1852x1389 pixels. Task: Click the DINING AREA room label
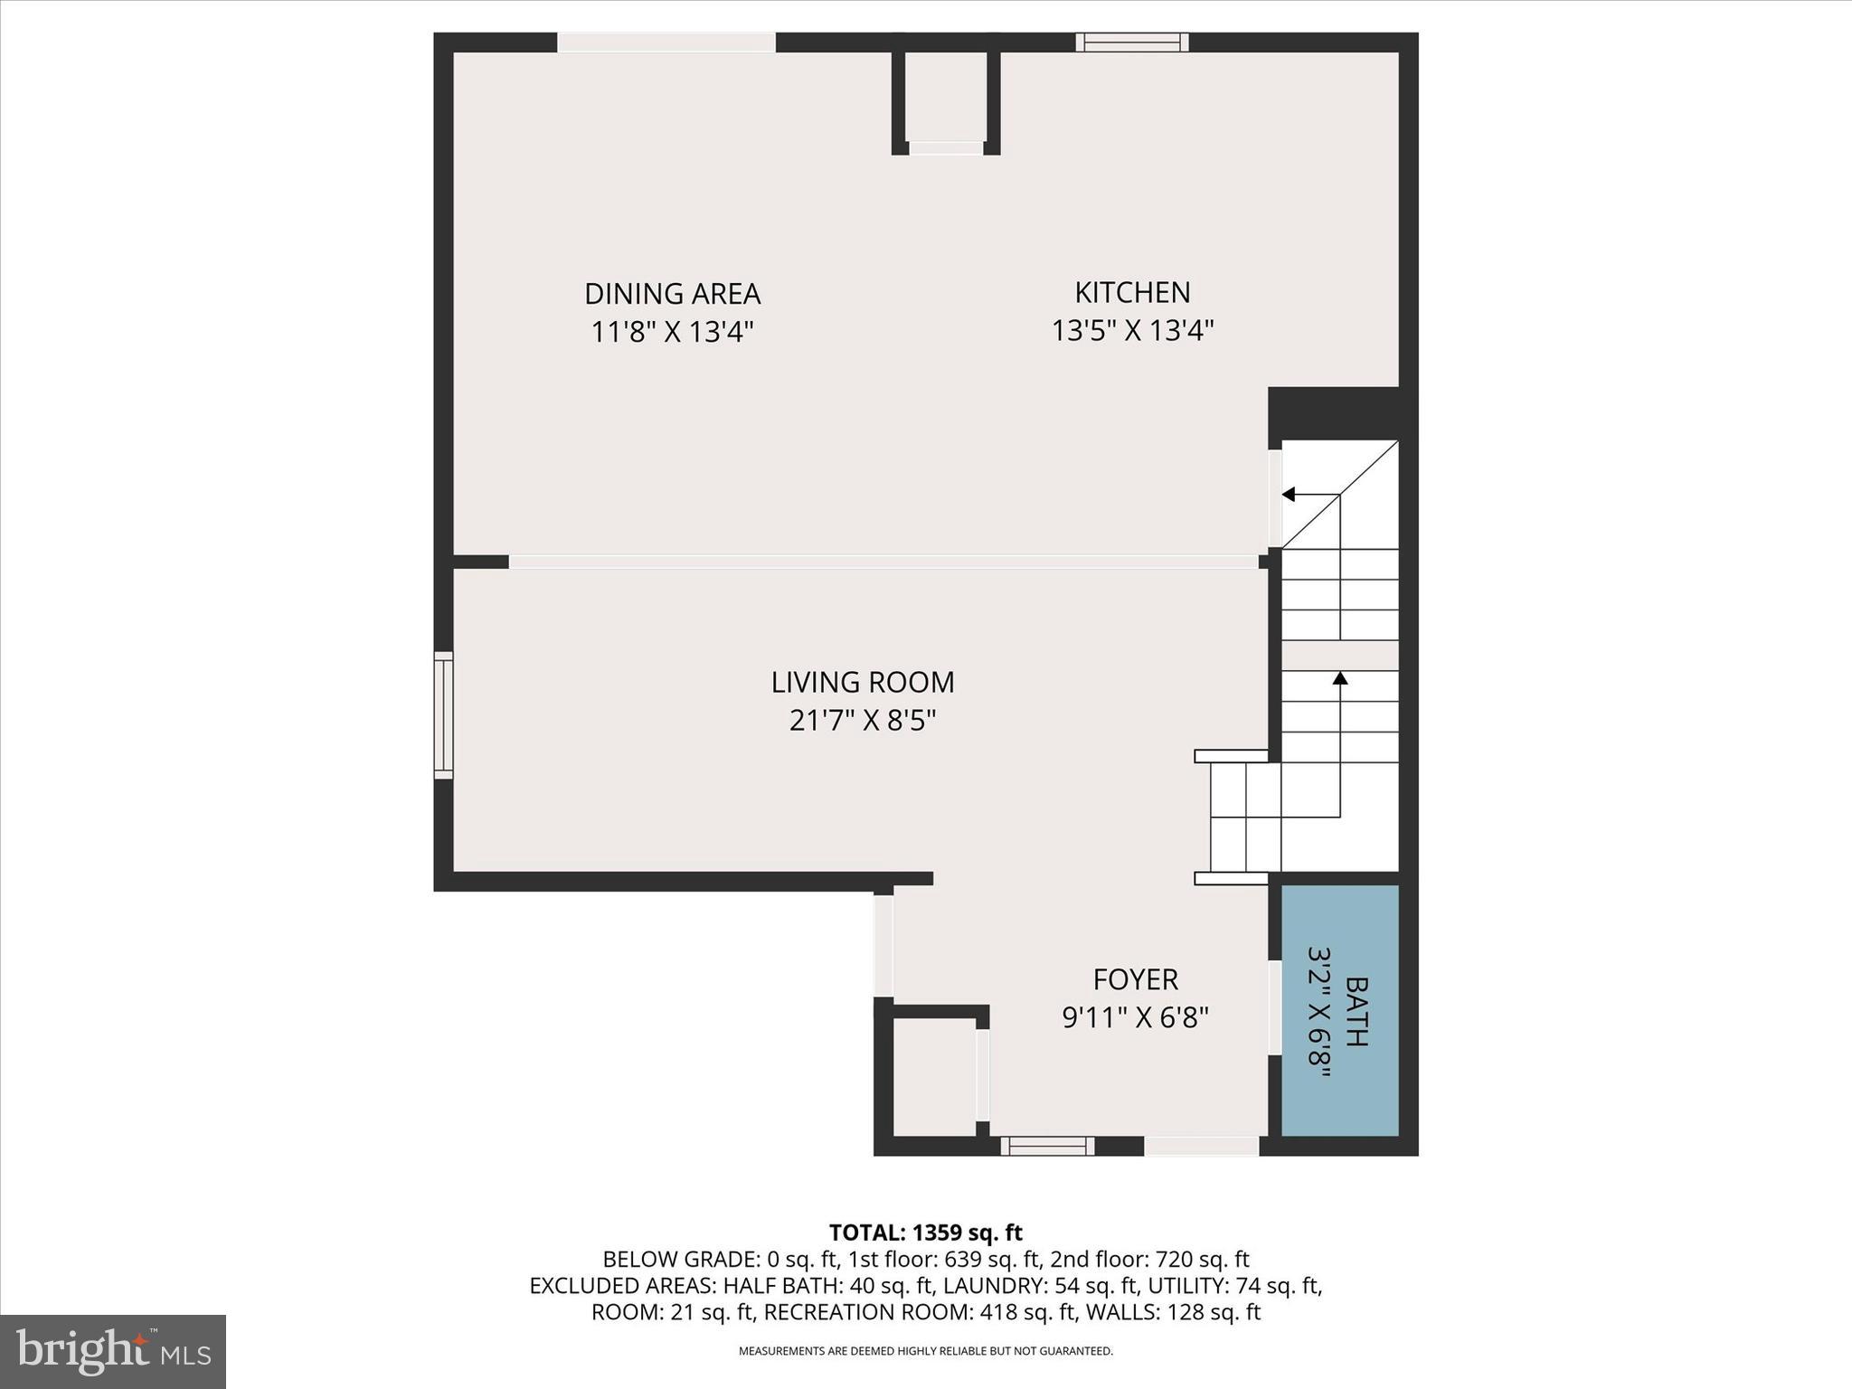coord(672,294)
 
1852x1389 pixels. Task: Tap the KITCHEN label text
coord(1132,292)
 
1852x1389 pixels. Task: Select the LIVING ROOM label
coord(862,682)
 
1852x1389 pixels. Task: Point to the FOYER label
coord(1135,979)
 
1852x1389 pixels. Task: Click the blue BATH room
coord(1339,1010)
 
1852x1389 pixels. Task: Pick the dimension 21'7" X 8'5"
coord(862,721)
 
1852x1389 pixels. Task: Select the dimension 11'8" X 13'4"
coord(672,332)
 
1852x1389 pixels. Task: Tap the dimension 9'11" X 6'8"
coord(1135,1018)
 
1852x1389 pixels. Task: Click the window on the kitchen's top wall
coord(1131,42)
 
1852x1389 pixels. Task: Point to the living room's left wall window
coord(443,714)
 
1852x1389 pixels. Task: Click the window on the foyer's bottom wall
coord(1047,1147)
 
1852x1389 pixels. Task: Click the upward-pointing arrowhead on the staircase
coord(1339,677)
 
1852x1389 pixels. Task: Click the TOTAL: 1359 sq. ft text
coord(925,1233)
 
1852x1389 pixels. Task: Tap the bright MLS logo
coord(113,1351)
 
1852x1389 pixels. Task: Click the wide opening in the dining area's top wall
coord(666,43)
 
